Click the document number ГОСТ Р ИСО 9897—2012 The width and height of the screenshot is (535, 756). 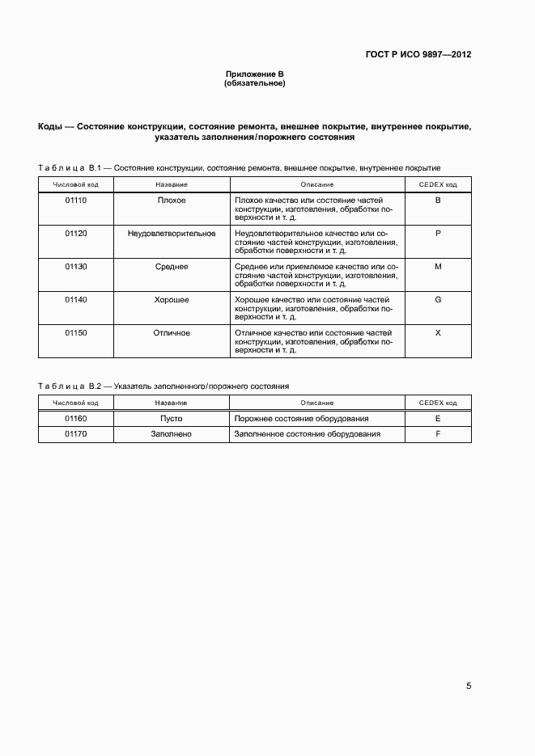tap(418, 55)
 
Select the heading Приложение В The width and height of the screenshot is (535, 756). tap(254, 74)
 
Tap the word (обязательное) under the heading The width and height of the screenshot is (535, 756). tap(254, 83)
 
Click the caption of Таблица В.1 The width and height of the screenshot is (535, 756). tap(239, 168)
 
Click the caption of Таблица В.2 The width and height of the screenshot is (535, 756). tap(163, 386)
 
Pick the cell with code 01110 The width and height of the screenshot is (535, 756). tap(75, 200)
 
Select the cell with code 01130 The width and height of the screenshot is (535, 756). tap(75, 266)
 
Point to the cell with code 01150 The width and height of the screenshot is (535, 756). tap(75, 332)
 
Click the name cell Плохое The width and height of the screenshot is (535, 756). tap(171, 200)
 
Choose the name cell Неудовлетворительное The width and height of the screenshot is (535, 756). tap(171, 233)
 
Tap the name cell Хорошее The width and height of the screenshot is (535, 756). tap(171, 299)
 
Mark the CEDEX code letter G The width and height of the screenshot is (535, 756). tap(437, 299)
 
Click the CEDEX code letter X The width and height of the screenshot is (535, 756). tap(437, 332)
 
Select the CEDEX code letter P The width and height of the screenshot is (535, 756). tap(437, 233)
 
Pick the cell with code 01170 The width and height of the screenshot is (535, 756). tap(75, 434)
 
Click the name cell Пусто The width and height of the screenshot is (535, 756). tap(171, 419)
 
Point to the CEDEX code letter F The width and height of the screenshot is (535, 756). tap(437, 434)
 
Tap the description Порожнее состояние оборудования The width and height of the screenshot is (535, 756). tap(301, 419)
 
